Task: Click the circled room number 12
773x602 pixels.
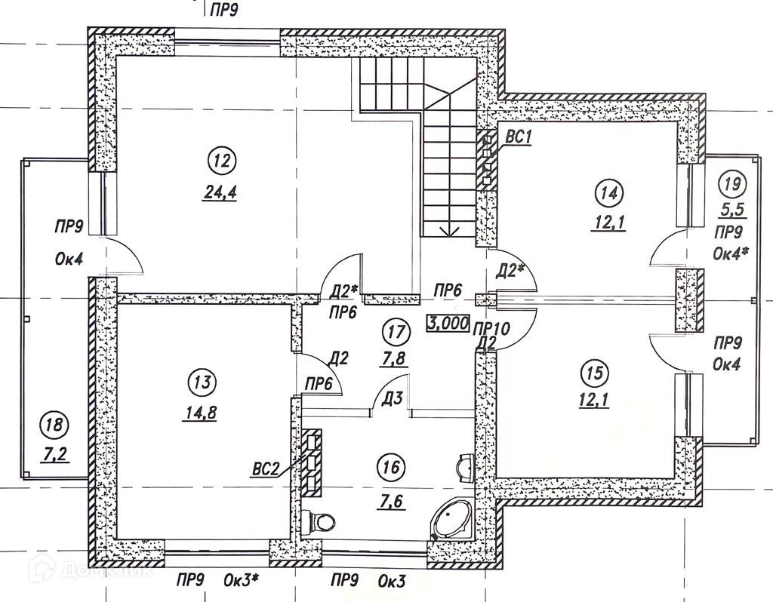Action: coord(220,161)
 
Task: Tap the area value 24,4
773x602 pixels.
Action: coord(220,192)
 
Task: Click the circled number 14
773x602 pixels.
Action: coord(609,192)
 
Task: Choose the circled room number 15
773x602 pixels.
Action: coord(595,372)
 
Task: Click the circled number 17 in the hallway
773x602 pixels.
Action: coord(395,330)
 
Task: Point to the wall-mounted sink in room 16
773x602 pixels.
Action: coord(464,468)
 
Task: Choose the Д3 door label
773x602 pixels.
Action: coord(391,397)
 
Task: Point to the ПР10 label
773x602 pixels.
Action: coord(492,328)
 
